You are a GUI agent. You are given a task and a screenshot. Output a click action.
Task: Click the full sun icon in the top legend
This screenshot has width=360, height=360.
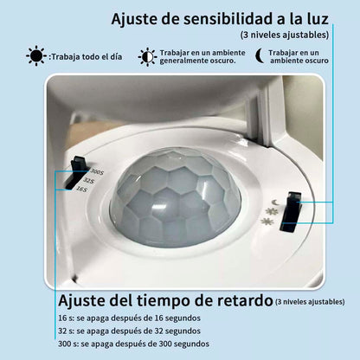click(35, 57)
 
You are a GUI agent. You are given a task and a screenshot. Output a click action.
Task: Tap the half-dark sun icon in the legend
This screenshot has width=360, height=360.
click(149, 57)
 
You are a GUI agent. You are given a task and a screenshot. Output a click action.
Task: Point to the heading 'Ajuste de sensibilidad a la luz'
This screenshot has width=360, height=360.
click(220, 18)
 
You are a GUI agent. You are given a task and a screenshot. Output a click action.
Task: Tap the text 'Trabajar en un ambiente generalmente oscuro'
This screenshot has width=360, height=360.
click(201, 58)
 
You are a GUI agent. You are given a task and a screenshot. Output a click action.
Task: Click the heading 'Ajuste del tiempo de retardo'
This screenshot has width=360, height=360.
click(164, 299)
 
